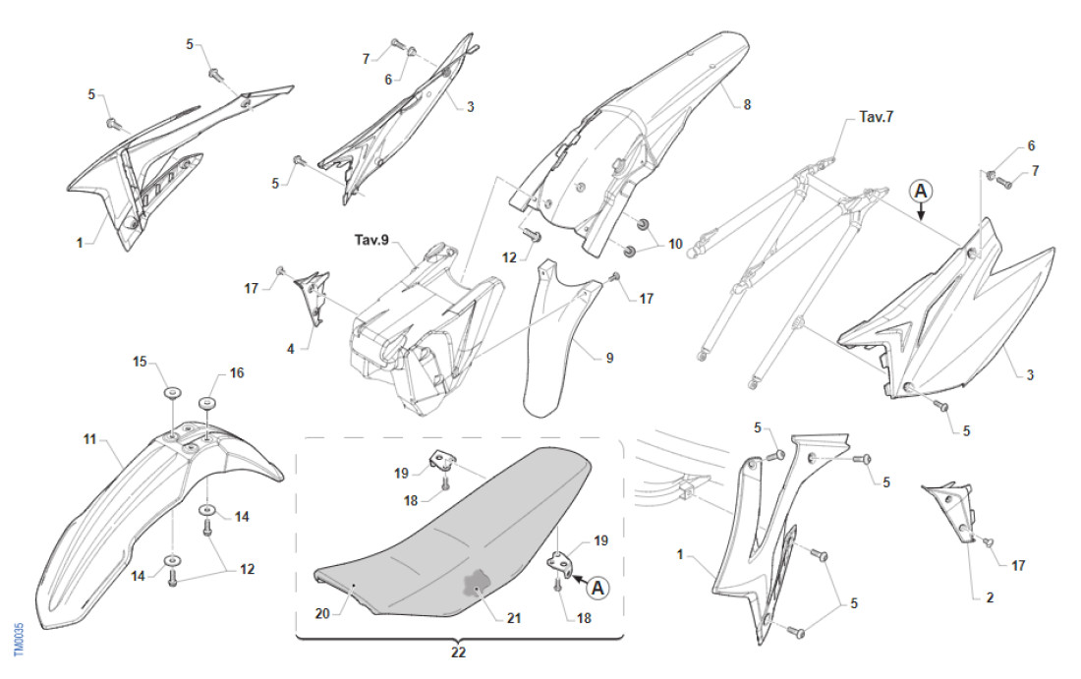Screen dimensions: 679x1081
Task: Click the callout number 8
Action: pos(747,104)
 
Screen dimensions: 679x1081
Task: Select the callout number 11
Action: pos(89,439)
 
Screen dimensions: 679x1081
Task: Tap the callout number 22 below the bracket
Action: pos(458,651)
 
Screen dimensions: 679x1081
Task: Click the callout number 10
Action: pos(674,242)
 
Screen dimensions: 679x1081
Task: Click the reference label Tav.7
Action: pos(876,117)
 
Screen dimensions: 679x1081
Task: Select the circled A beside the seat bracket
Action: pos(596,588)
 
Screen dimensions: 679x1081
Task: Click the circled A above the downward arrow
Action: pos(920,190)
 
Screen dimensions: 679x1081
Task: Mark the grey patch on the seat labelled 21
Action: pos(476,586)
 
